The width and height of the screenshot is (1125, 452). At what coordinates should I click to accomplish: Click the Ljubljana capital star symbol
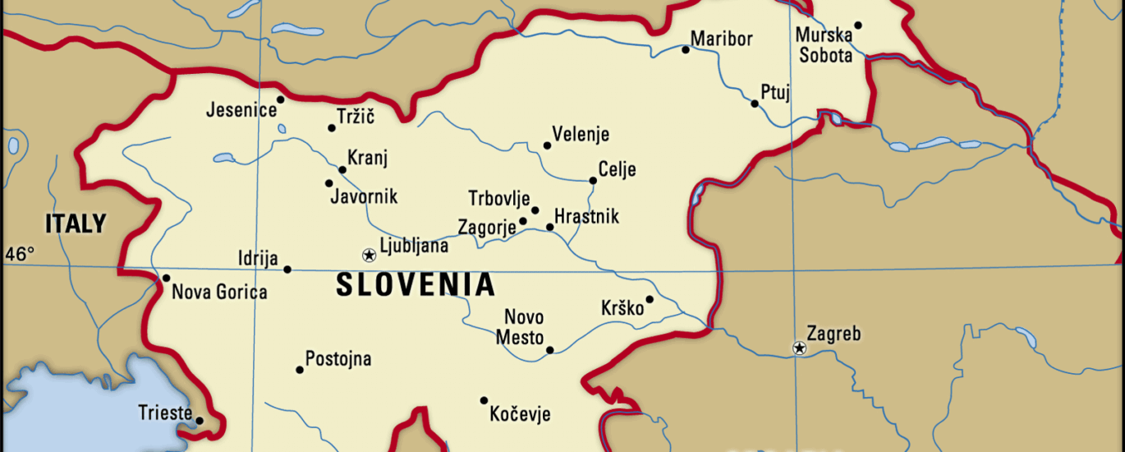click(369, 255)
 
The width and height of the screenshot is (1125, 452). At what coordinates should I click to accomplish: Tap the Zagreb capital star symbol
click(799, 348)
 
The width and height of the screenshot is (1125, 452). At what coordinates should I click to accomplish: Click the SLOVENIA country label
click(416, 285)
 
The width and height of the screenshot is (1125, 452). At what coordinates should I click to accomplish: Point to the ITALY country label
click(76, 224)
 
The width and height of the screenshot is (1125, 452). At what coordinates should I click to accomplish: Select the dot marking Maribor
click(686, 49)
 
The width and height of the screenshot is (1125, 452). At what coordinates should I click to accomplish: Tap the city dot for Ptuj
click(755, 104)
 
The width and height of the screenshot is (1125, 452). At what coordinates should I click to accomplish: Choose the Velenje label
click(581, 135)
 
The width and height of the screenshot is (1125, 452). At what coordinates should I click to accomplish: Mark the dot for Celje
click(593, 181)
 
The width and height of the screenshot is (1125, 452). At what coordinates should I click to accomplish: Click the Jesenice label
click(241, 109)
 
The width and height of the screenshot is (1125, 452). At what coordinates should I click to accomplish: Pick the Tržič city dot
click(332, 127)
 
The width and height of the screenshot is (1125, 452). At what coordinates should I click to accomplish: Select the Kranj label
click(367, 158)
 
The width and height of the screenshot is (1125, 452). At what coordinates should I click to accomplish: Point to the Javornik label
click(364, 196)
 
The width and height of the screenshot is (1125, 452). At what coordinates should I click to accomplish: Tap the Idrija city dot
click(287, 270)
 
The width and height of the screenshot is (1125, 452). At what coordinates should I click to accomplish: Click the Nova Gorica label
click(219, 292)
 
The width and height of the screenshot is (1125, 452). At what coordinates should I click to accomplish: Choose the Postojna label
click(338, 359)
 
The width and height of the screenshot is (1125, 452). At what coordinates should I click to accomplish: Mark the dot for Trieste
click(199, 421)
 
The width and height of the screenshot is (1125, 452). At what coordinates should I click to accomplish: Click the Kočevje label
click(520, 414)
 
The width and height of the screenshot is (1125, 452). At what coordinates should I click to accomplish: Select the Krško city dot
click(649, 299)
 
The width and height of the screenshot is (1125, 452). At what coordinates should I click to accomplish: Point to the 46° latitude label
click(20, 254)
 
